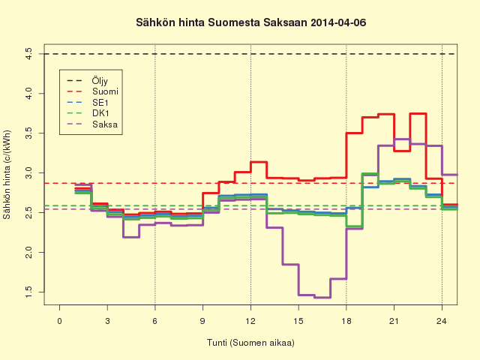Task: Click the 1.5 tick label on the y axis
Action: click(x=28, y=292)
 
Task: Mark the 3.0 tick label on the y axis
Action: click(x=28, y=173)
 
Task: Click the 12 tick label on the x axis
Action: click(x=250, y=321)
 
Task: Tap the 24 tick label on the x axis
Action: click(x=442, y=321)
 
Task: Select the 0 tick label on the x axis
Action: click(x=59, y=321)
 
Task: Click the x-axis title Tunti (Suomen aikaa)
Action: click(x=250, y=343)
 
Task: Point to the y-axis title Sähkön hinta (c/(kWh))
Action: click(x=7, y=175)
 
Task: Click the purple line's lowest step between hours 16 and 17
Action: click(x=322, y=297)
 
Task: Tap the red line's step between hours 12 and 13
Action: click(x=259, y=162)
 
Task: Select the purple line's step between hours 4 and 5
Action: click(x=131, y=237)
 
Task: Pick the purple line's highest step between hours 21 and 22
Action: click(x=402, y=139)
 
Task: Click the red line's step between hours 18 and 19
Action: click(x=354, y=133)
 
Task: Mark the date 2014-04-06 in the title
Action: click(x=338, y=22)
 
